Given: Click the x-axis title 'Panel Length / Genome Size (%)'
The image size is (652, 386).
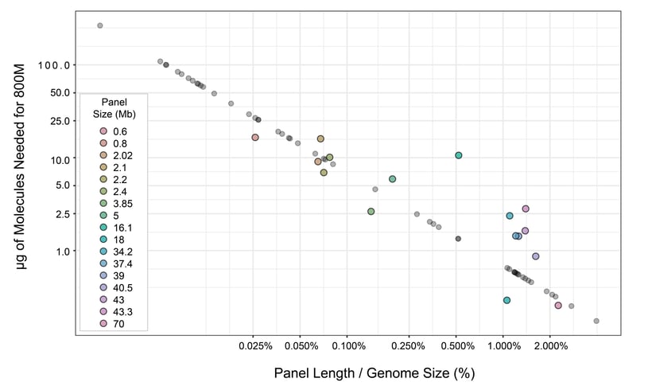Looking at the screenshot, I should [369, 372].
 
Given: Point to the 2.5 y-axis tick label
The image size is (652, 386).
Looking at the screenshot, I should [63, 213].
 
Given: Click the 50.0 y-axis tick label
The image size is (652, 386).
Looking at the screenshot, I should [60, 93].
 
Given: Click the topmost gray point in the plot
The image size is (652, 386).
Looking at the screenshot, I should [99, 25].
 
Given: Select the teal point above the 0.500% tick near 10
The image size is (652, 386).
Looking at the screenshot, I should [459, 155].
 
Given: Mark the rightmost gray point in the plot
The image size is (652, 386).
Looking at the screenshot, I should [596, 321].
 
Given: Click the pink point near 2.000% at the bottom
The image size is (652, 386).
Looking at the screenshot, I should [558, 306].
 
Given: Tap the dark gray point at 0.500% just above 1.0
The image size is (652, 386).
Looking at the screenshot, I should [458, 239].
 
